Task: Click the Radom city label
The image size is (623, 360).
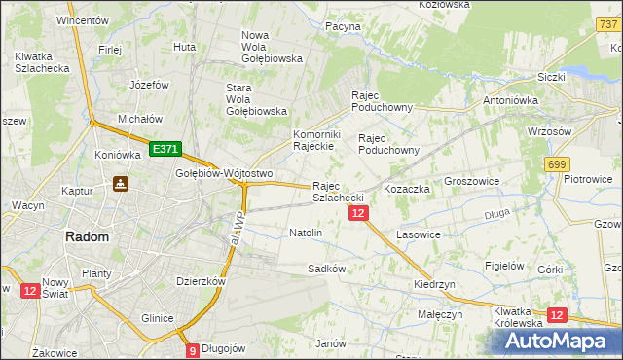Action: point(87,236)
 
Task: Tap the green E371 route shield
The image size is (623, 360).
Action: point(165,149)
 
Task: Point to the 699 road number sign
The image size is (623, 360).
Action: point(557,165)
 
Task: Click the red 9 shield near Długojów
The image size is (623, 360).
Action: point(192,350)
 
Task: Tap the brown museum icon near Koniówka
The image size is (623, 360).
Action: point(122,183)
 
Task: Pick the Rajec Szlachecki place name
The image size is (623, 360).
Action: point(338,192)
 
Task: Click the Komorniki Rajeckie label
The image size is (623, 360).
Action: point(314,140)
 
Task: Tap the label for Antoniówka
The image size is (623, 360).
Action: point(511,100)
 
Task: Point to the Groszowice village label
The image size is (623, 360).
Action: point(472,181)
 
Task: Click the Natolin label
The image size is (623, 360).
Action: point(306,234)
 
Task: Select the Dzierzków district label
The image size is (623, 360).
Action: point(201,281)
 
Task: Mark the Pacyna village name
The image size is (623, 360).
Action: point(343,26)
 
